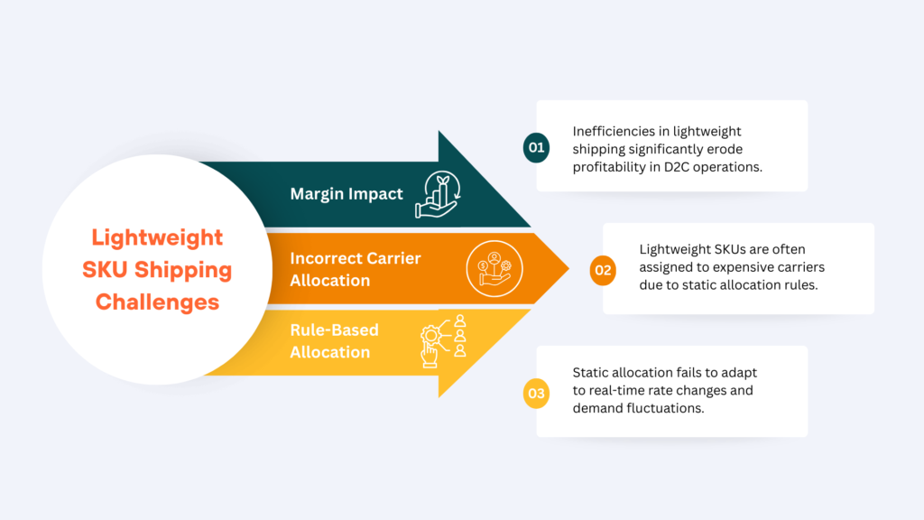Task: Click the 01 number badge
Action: coord(536,148)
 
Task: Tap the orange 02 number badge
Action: coord(603,270)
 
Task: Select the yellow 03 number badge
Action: coord(536,393)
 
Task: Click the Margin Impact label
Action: coord(346,194)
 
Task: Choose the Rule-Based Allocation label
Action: coord(334,341)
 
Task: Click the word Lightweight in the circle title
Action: coord(157,237)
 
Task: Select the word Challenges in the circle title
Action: coord(157,302)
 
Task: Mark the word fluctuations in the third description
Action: coord(670,407)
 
